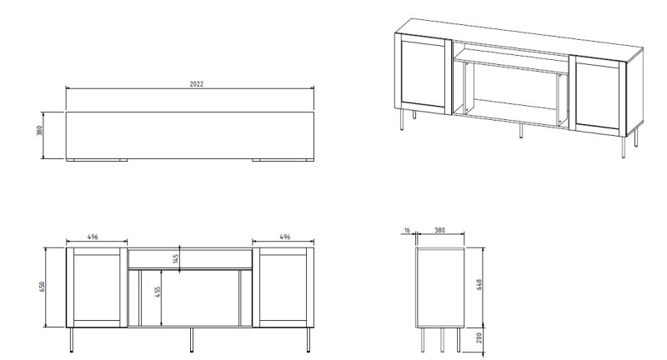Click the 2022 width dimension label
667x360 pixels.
(197, 84)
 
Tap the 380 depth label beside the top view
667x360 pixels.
(39, 131)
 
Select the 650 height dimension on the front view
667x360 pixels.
(42, 287)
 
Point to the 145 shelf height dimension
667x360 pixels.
(176, 258)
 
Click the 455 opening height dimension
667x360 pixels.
(158, 292)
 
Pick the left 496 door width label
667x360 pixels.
(93, 237)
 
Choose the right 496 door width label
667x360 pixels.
(285, 237)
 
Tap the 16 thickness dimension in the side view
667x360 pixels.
(407, 230)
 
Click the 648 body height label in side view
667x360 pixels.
(479, 285)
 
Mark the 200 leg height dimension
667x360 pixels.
(479, 337)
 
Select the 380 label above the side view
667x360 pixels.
(439, 230)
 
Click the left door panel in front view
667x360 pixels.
(97, 287)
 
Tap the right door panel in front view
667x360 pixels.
(283, 287)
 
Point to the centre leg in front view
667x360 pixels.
(192, 340)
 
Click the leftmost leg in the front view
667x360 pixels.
(72, 340)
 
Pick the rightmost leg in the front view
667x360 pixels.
(308, 340)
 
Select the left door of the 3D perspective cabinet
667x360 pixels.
(424, 74)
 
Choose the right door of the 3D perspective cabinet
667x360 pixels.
(598, 95)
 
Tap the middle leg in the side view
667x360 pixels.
(442, 340)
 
